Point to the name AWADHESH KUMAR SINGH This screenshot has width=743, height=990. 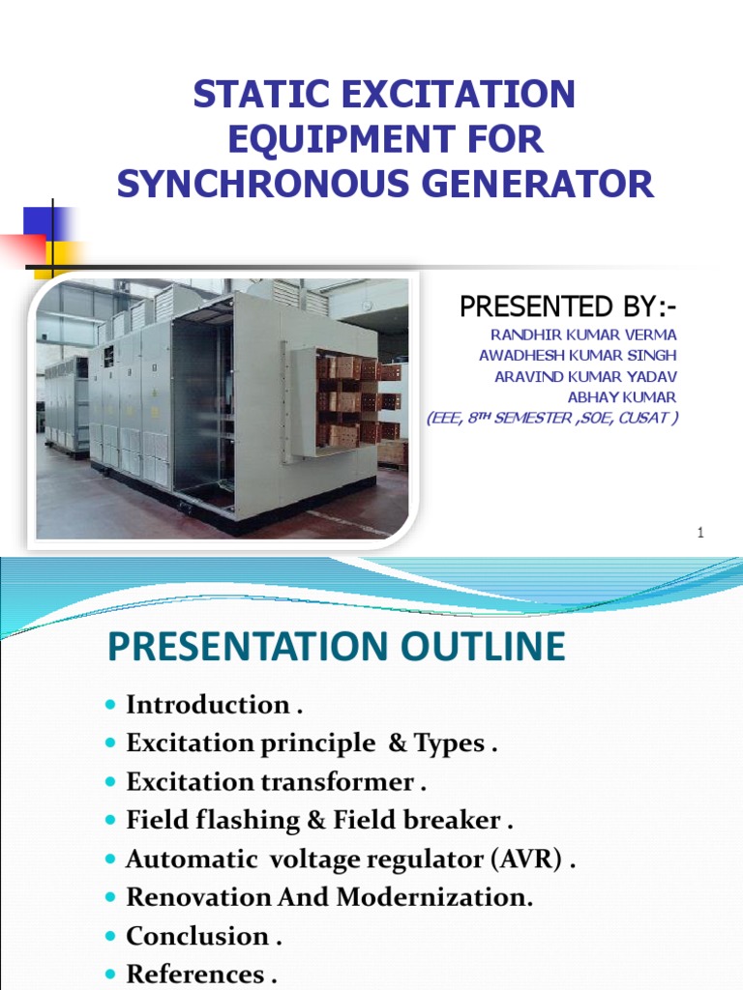(578, 355)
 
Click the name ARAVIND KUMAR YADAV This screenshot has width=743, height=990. (585, 376)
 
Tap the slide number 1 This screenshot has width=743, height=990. (698, 534)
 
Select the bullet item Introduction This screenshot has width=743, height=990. (208, 705)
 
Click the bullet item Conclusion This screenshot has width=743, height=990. (197, 936)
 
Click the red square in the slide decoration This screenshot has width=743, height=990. (22, 249)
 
